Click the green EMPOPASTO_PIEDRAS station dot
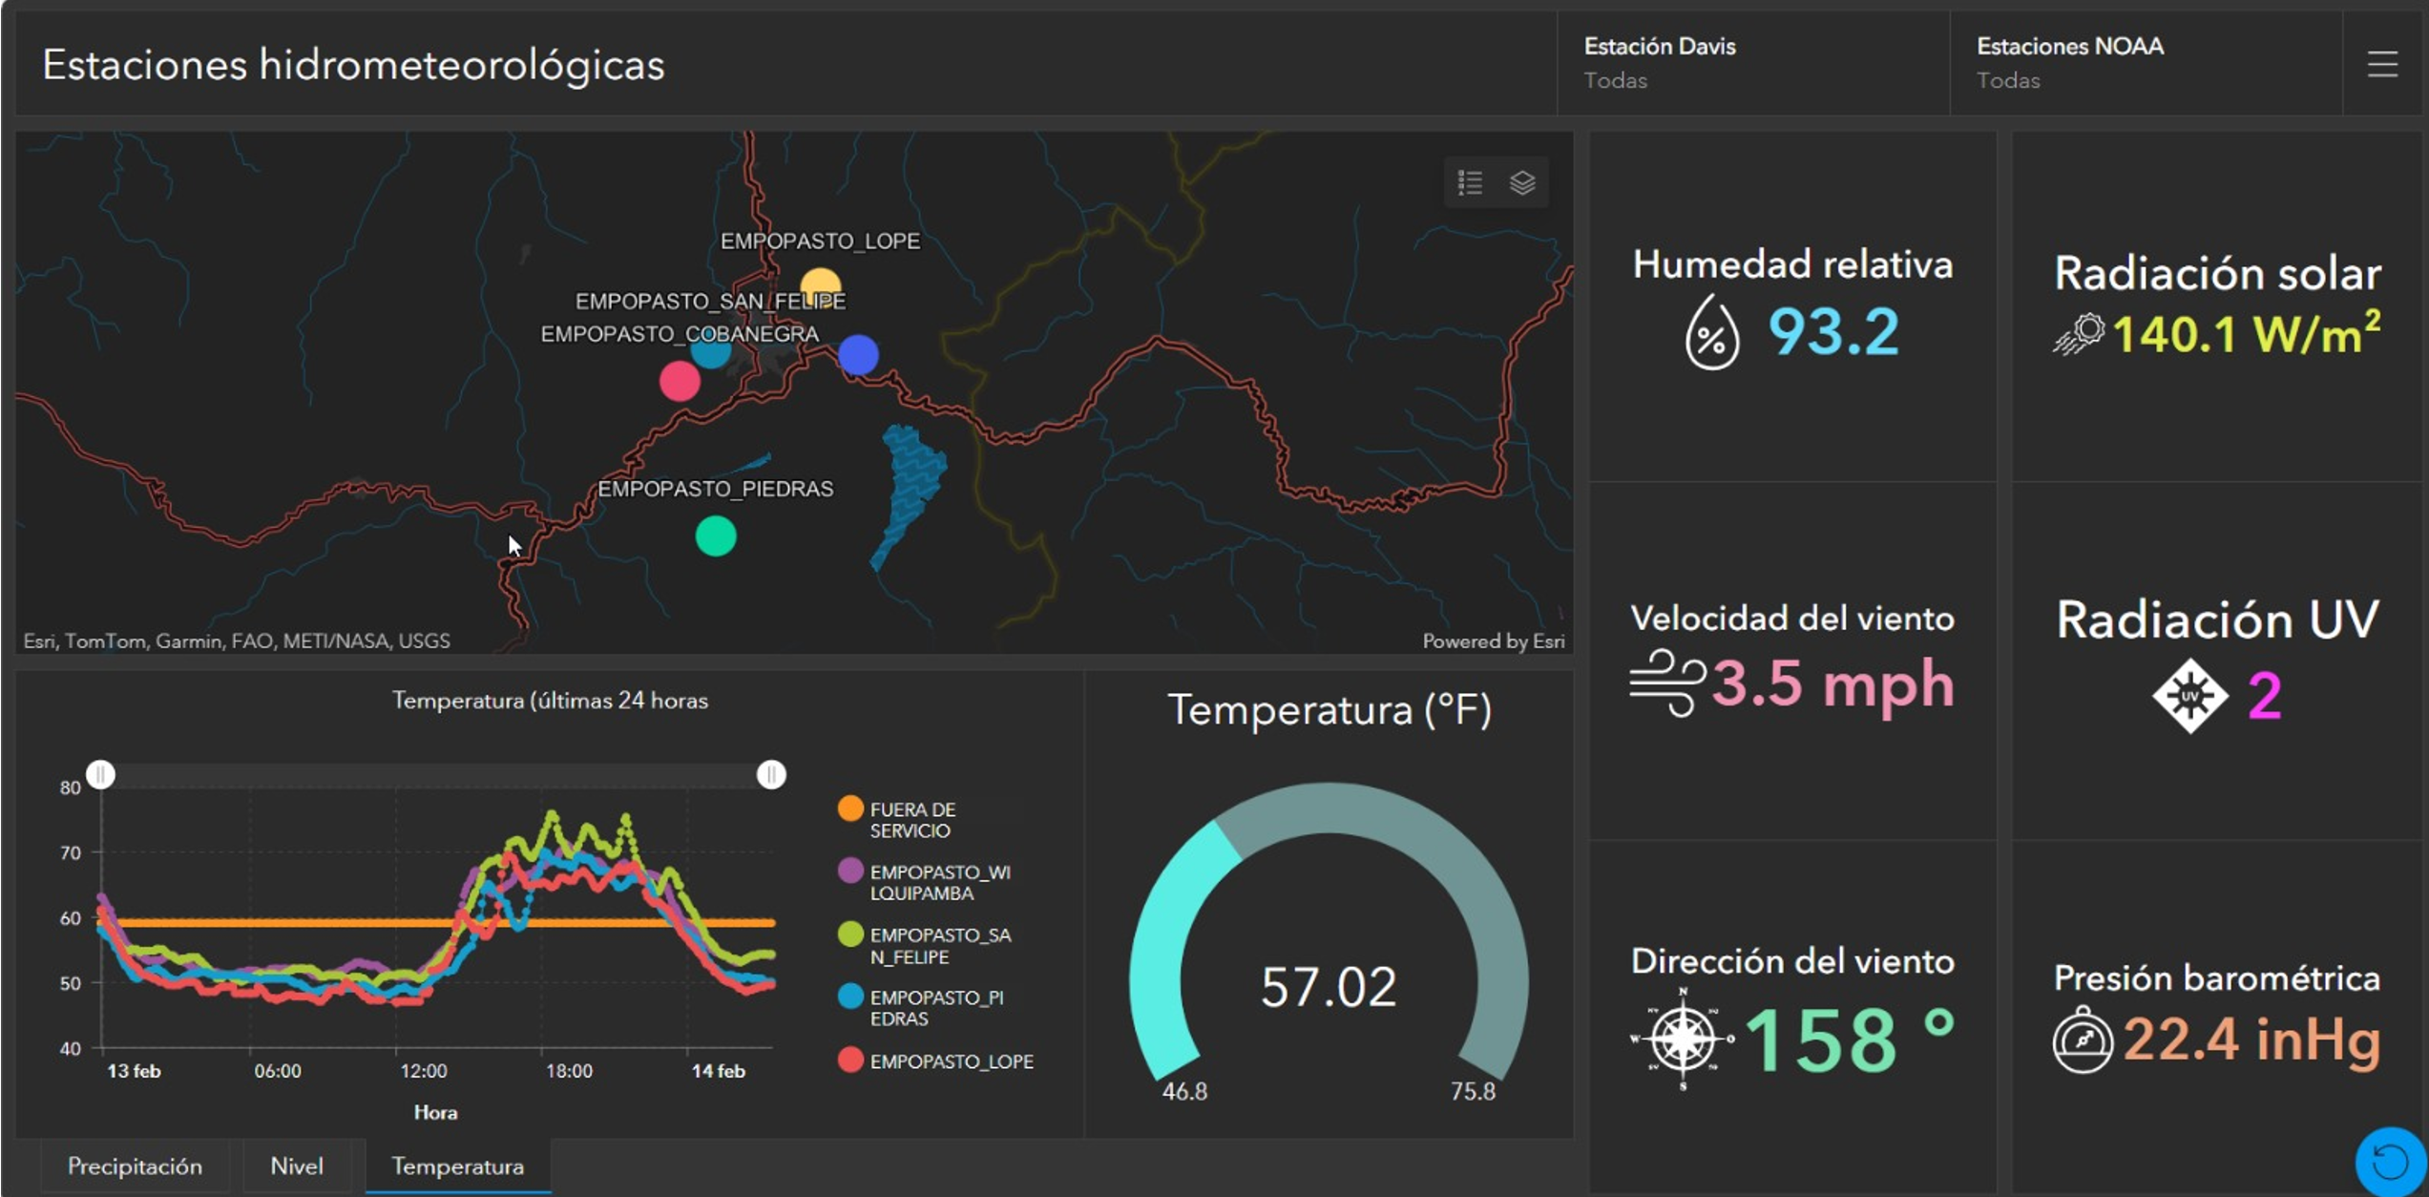click(716, 536)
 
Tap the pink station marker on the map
click(680, 381)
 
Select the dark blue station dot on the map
click(858, 355)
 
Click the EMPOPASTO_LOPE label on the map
click(820, 241)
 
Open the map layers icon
click(1522, 182)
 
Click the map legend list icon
click(1470, 182)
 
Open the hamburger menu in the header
click(2382, 65)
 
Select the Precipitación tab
click(135, 1166)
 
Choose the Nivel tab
click(297, 1166)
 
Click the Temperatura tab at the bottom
click(457, 1166)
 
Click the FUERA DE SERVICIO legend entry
click(911, 820)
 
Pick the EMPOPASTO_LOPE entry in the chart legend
click(951, 1061)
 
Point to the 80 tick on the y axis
click(71, 787)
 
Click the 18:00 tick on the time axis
click(569, 1071)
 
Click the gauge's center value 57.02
click(1328, 987)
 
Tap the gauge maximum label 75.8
click(1473, 1091)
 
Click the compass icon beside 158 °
click(1683, 1039)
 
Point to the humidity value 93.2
click(1832, 332)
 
